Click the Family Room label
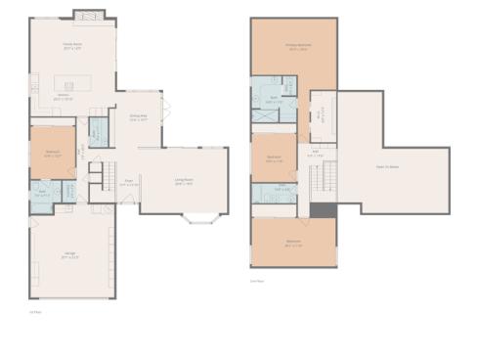(x=71, y=46)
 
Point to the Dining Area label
(x=139, y=117)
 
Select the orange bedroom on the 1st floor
(x=52, y=153)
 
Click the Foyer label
(x=128, y=182)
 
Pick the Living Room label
(x=184, y=181)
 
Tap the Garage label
(x=70, y=258)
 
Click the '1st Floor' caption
(x=34, y=312)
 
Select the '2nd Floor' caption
(x=257, y=281)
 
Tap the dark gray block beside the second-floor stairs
(x=324, y=209)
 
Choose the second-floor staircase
(x=324, y=180)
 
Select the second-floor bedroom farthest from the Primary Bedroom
(x=293, y=242)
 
